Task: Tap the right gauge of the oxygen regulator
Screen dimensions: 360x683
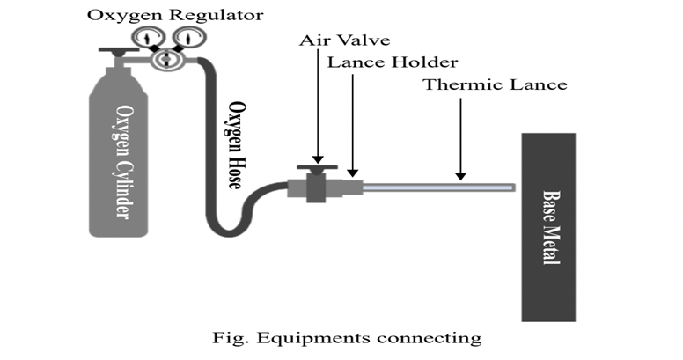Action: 185,36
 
